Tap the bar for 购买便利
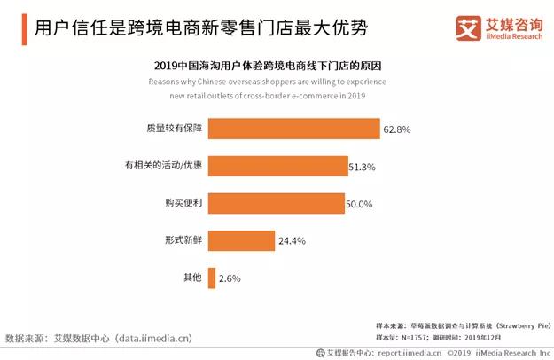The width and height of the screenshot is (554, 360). click(275, 203)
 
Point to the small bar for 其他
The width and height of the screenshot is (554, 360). click(210, 278)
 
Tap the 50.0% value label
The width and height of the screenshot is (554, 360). click(359, 204)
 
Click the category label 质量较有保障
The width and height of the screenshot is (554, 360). click(174, 129)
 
